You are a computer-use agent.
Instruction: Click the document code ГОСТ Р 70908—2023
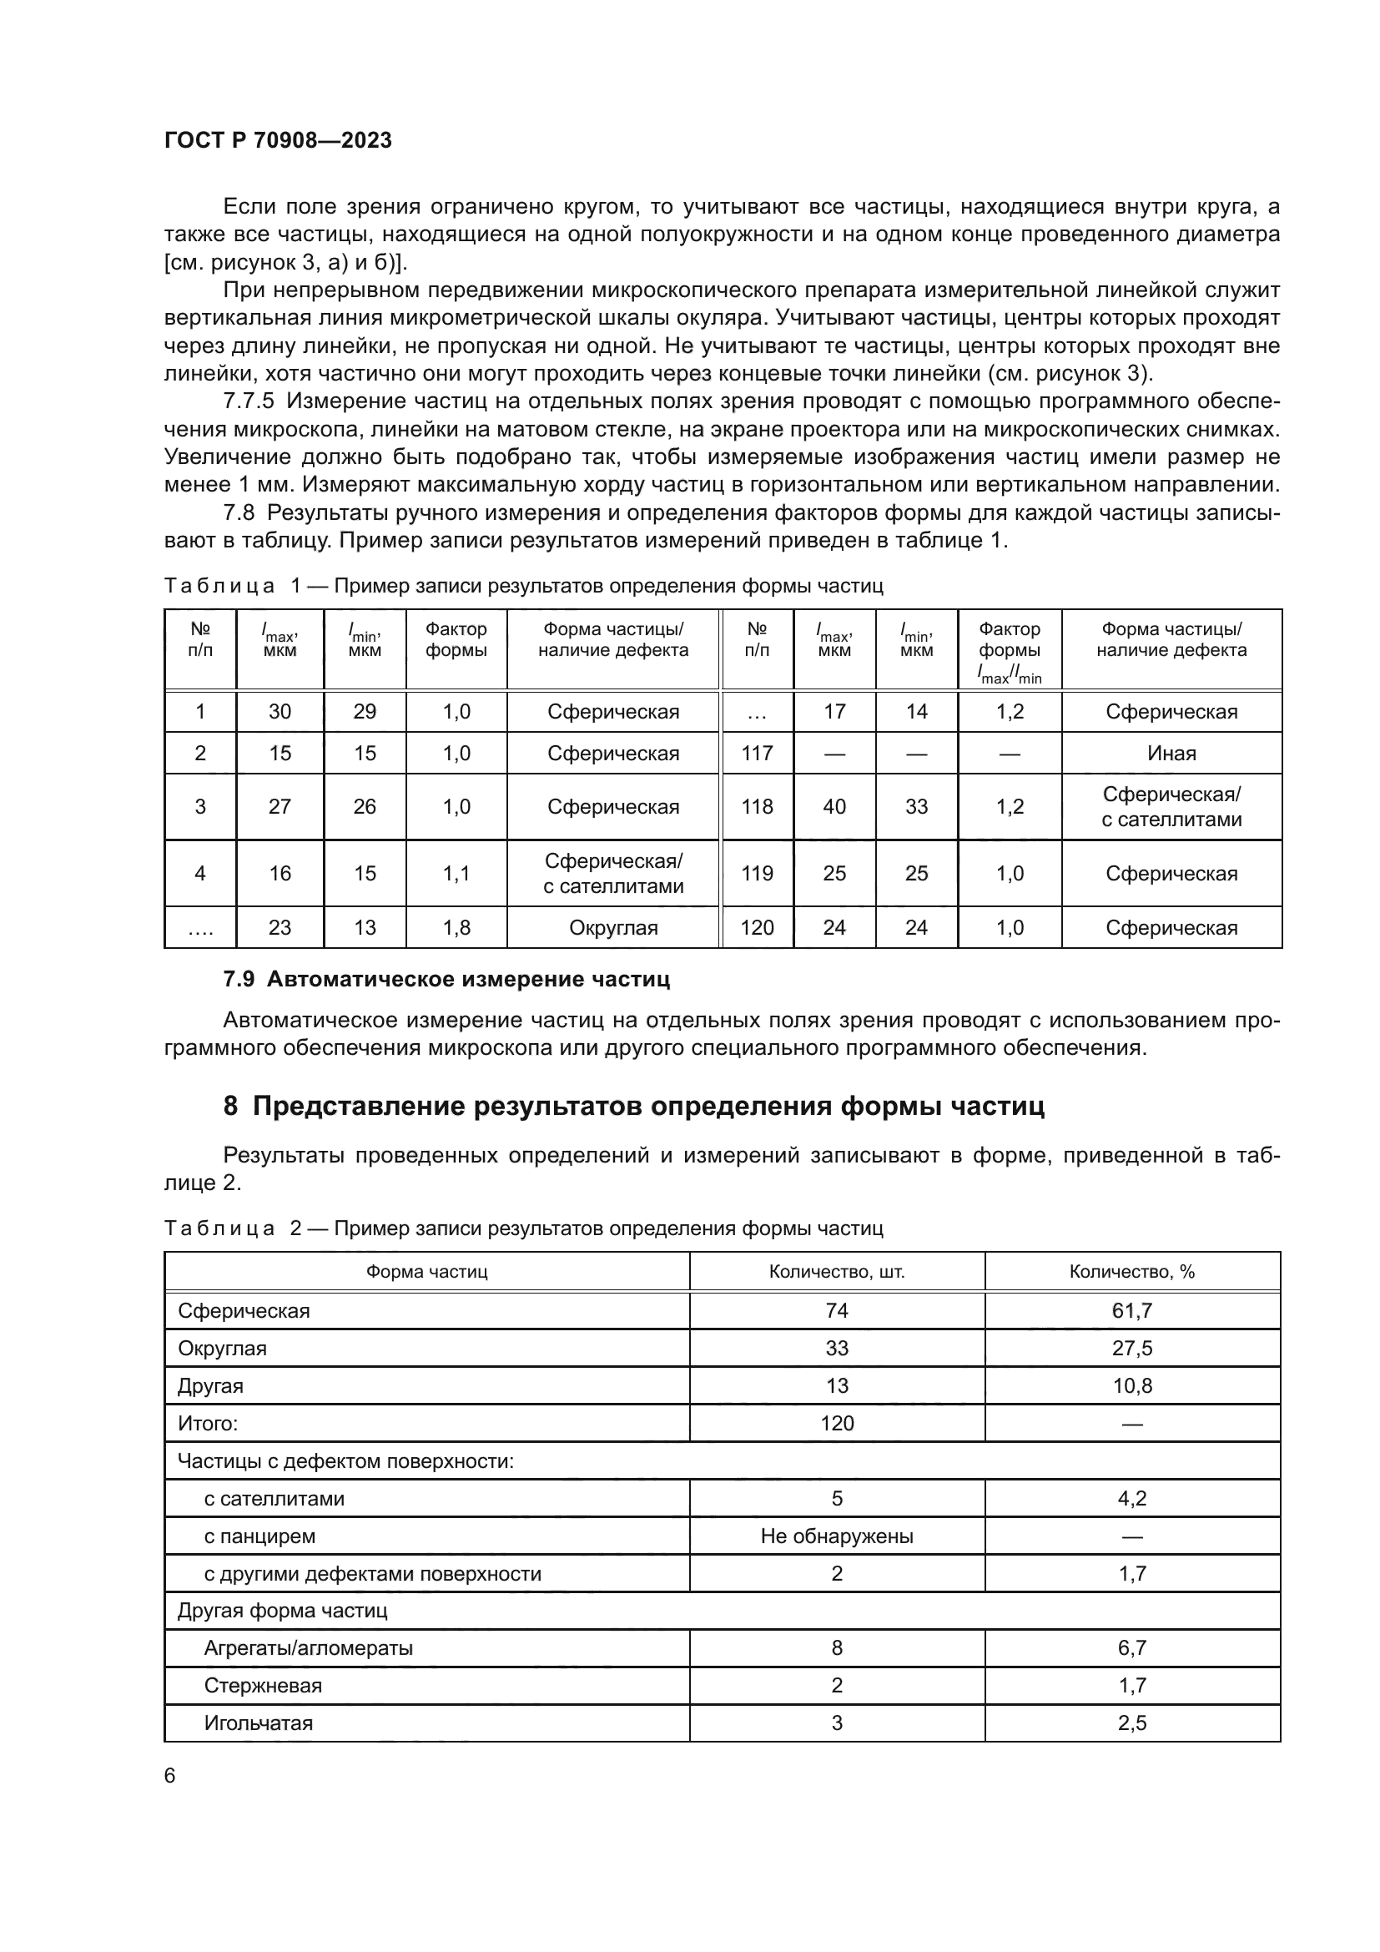tap(278, 140)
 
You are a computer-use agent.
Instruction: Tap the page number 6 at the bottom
tap(170, 1775)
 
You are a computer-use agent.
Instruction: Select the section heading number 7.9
tap(239, 979)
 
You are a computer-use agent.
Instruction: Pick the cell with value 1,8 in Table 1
tap(456, 927)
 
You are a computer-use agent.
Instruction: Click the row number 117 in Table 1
tap(756, 754)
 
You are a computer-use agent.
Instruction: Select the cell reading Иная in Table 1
tap(1171, 754)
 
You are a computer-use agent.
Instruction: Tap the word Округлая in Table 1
tap(612, 927)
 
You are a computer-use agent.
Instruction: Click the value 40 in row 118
tap(834, 807)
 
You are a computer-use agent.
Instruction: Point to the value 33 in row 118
tap(916, 807)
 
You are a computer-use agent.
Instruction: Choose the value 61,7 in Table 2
tap(1132, 1311)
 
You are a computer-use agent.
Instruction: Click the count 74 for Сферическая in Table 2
tap(836, 1311)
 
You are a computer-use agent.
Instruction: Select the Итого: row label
tap(208, 1423)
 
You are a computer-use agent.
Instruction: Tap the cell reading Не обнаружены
tap(836, 1536)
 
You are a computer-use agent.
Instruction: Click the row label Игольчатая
tap(259, 1723)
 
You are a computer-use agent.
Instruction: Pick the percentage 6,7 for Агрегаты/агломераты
tap(1132, 1647)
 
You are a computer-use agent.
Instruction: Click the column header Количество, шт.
tap(836, 1272)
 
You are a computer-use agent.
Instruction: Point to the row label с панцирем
tap(259, 1536)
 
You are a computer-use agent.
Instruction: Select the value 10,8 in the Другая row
tap(1132, 1386)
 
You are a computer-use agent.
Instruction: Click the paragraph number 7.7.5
tap(248, 401)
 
